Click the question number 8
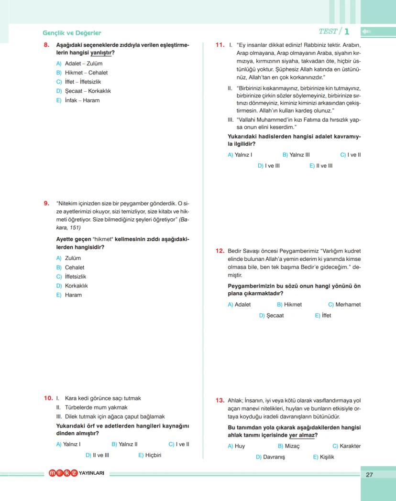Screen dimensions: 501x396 click(46, 45)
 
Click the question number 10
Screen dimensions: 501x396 click(48, 398)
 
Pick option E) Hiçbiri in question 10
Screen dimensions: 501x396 click(150, 455)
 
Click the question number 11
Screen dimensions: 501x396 click(220, 45)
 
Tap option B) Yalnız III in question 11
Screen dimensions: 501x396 click(296, 155)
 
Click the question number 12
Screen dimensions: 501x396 click(220, 251)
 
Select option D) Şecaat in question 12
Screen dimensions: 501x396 click(271, 316)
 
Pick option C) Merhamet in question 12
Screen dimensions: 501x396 click(344, 305)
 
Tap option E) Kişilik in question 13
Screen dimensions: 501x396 click(323, 457)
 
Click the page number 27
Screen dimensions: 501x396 click(369, 475)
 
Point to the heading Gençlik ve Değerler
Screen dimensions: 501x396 click(72, 33)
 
